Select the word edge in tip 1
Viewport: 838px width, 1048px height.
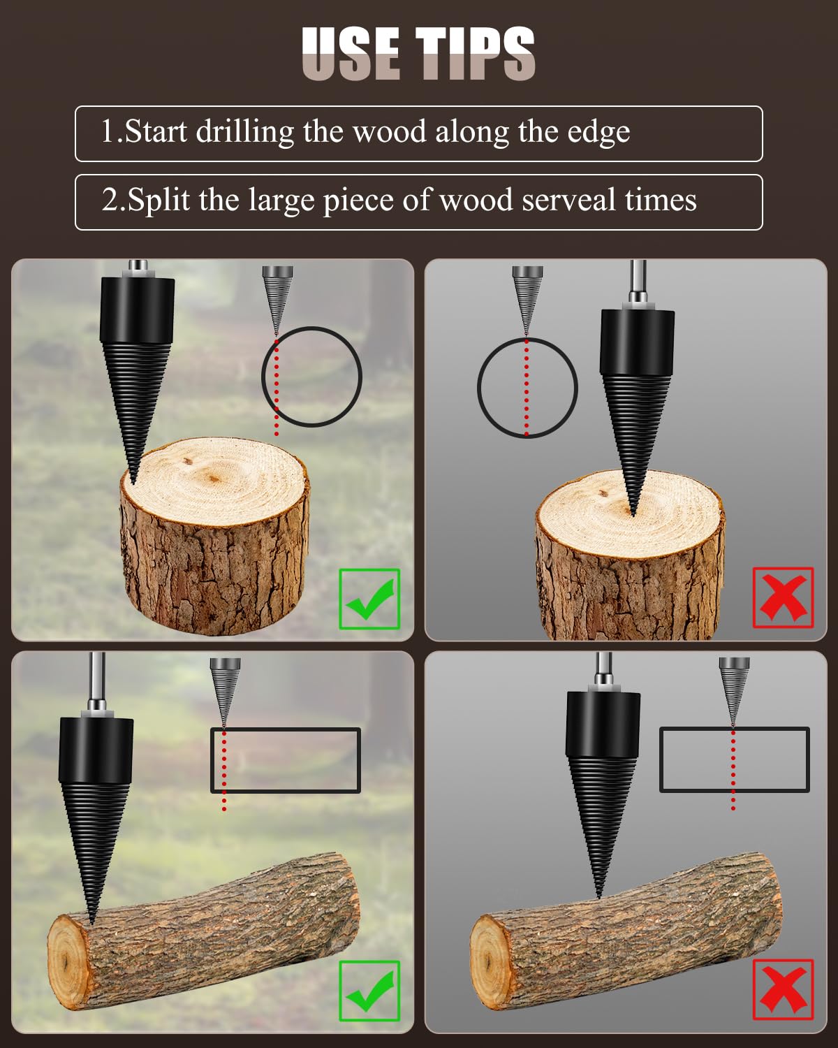tap(598, 131)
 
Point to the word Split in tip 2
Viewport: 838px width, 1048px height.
tap(159, 201)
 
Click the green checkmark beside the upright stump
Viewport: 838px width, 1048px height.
tap(369, 599)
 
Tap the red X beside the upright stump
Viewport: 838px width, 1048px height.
tap(783, 597)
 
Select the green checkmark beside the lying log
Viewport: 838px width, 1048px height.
tap(369, 991)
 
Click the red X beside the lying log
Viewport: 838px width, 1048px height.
tap(783, 989)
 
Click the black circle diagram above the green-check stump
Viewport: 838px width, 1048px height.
tap(311, 377)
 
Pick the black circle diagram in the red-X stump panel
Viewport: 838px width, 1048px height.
tap(527, 387)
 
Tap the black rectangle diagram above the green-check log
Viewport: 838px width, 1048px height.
tap(286, 760)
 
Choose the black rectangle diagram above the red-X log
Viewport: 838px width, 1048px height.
tap(735, 759)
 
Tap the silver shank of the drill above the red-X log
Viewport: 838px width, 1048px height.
tap(603, 671)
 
